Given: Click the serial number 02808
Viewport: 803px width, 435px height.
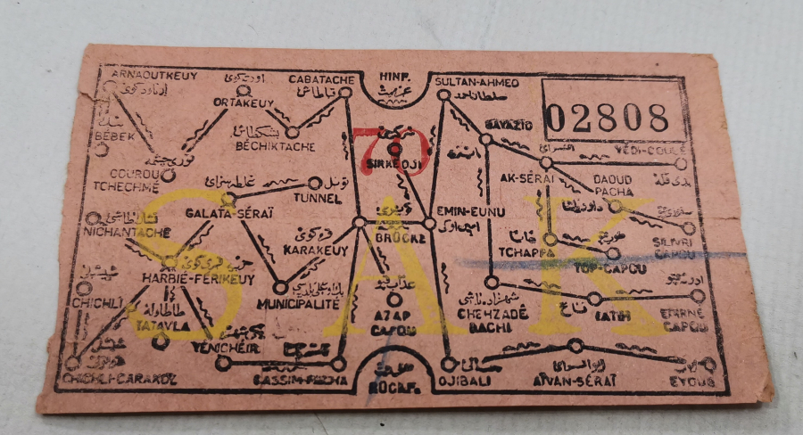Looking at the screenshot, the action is click(607, 117).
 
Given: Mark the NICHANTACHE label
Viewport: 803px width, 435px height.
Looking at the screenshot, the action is click(126, 233).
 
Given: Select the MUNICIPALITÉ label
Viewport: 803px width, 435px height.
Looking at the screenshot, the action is click(297, 304).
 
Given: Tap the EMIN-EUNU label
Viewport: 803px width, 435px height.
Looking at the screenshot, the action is click(471, 211).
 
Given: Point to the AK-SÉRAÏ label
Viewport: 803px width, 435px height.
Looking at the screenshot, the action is click(526, 179).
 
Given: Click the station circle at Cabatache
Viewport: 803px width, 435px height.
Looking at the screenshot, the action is click(345, 92).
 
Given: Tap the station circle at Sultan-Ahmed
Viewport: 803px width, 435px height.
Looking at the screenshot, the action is click(443, 94).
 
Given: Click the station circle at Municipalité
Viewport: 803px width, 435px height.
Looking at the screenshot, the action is click(279, 288).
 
